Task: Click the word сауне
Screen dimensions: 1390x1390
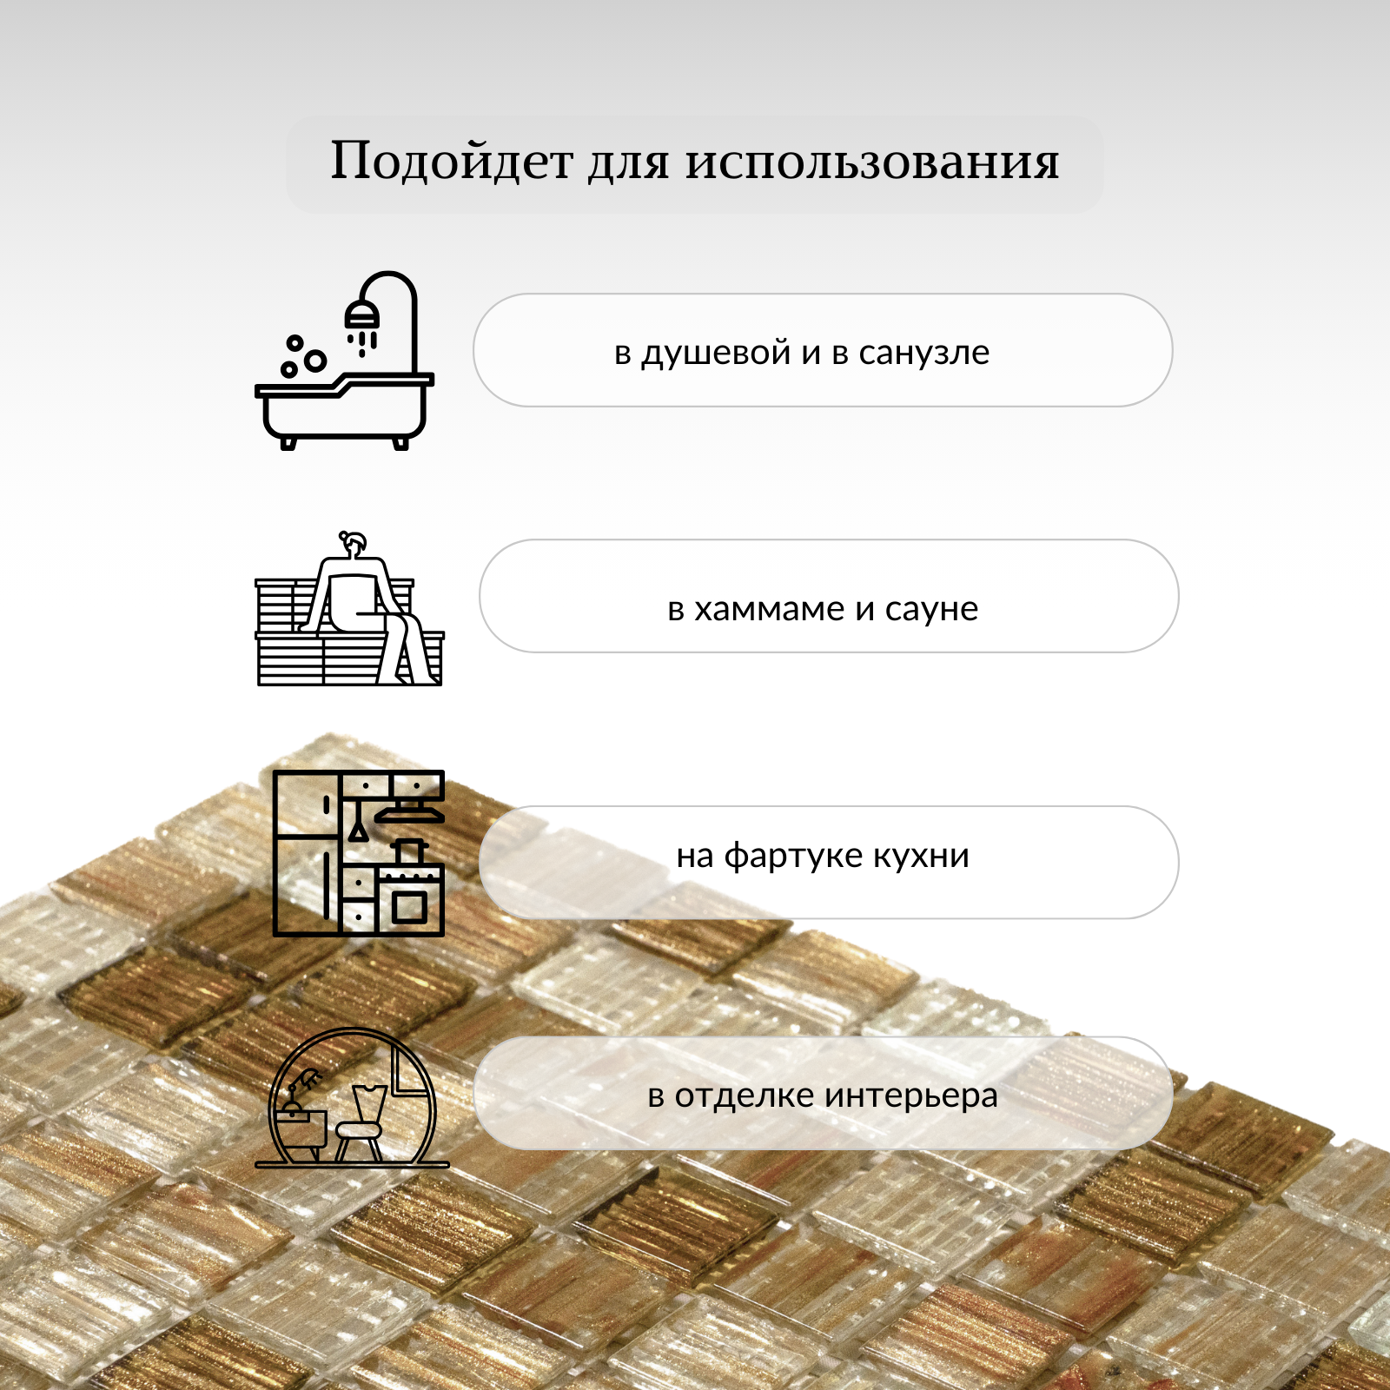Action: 931,610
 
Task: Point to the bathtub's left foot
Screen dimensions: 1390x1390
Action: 288,443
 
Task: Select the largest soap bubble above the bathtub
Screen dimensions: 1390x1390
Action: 315,360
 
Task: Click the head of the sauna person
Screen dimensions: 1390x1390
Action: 355,546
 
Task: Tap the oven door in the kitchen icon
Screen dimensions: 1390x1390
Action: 409,906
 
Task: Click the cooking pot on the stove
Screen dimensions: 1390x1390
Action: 409,851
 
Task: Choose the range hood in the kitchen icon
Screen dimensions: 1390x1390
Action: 409,814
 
